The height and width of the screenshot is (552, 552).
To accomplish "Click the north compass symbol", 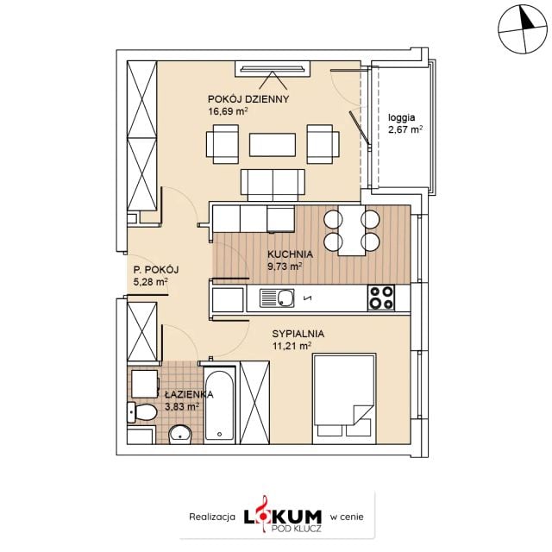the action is (523, 29).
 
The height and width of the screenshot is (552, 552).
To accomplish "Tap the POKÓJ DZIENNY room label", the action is (248, 99).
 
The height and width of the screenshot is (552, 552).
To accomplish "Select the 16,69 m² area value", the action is (228, 111).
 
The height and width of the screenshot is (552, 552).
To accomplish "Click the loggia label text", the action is (401, 118).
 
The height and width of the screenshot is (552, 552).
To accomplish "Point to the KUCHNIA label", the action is (290, 254).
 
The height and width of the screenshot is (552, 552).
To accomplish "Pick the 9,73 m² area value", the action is (285, 267).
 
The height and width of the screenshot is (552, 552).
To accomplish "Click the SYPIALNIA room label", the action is (298, 334).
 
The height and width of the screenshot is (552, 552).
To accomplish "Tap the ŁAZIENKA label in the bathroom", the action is (189, 394).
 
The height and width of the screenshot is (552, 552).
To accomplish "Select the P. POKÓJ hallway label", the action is (156, 270).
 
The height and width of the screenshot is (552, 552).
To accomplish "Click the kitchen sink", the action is (277, 298).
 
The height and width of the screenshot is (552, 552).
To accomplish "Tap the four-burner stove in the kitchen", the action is (381, 298).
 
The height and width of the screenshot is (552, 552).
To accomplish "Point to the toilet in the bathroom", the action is (141, 412).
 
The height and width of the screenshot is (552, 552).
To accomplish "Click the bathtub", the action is (219, 405).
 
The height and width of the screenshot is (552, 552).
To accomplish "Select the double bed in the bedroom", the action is (344, 398).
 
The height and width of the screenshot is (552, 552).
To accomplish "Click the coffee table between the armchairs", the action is (273, 145).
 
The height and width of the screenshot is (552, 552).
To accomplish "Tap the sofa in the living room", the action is (273, 185).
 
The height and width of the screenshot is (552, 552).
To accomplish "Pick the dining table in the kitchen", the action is (352, 230).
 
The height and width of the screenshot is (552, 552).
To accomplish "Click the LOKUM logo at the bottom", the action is (283, 516).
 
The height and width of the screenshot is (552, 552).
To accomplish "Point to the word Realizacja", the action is (212, 517).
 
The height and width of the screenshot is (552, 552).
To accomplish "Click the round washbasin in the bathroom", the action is (180, 435).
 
